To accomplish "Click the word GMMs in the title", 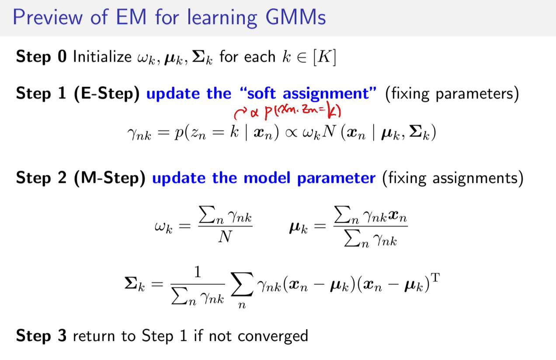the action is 295,17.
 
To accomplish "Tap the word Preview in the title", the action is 47,17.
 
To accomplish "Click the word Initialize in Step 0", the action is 102,56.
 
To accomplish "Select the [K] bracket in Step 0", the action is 325,57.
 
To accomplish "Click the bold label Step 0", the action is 41,56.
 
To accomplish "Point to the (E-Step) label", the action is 107,94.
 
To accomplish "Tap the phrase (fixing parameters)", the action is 452,94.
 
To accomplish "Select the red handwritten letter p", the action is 269,112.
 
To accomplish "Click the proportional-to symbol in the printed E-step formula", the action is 291,133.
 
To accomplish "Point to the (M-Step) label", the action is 109,178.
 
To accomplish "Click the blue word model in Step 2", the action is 267,178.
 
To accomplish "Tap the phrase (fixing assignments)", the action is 453,178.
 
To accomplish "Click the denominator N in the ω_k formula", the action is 225,236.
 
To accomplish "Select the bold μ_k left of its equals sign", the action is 298,228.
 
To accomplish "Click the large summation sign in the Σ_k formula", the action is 242,284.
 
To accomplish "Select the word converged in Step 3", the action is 273,336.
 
